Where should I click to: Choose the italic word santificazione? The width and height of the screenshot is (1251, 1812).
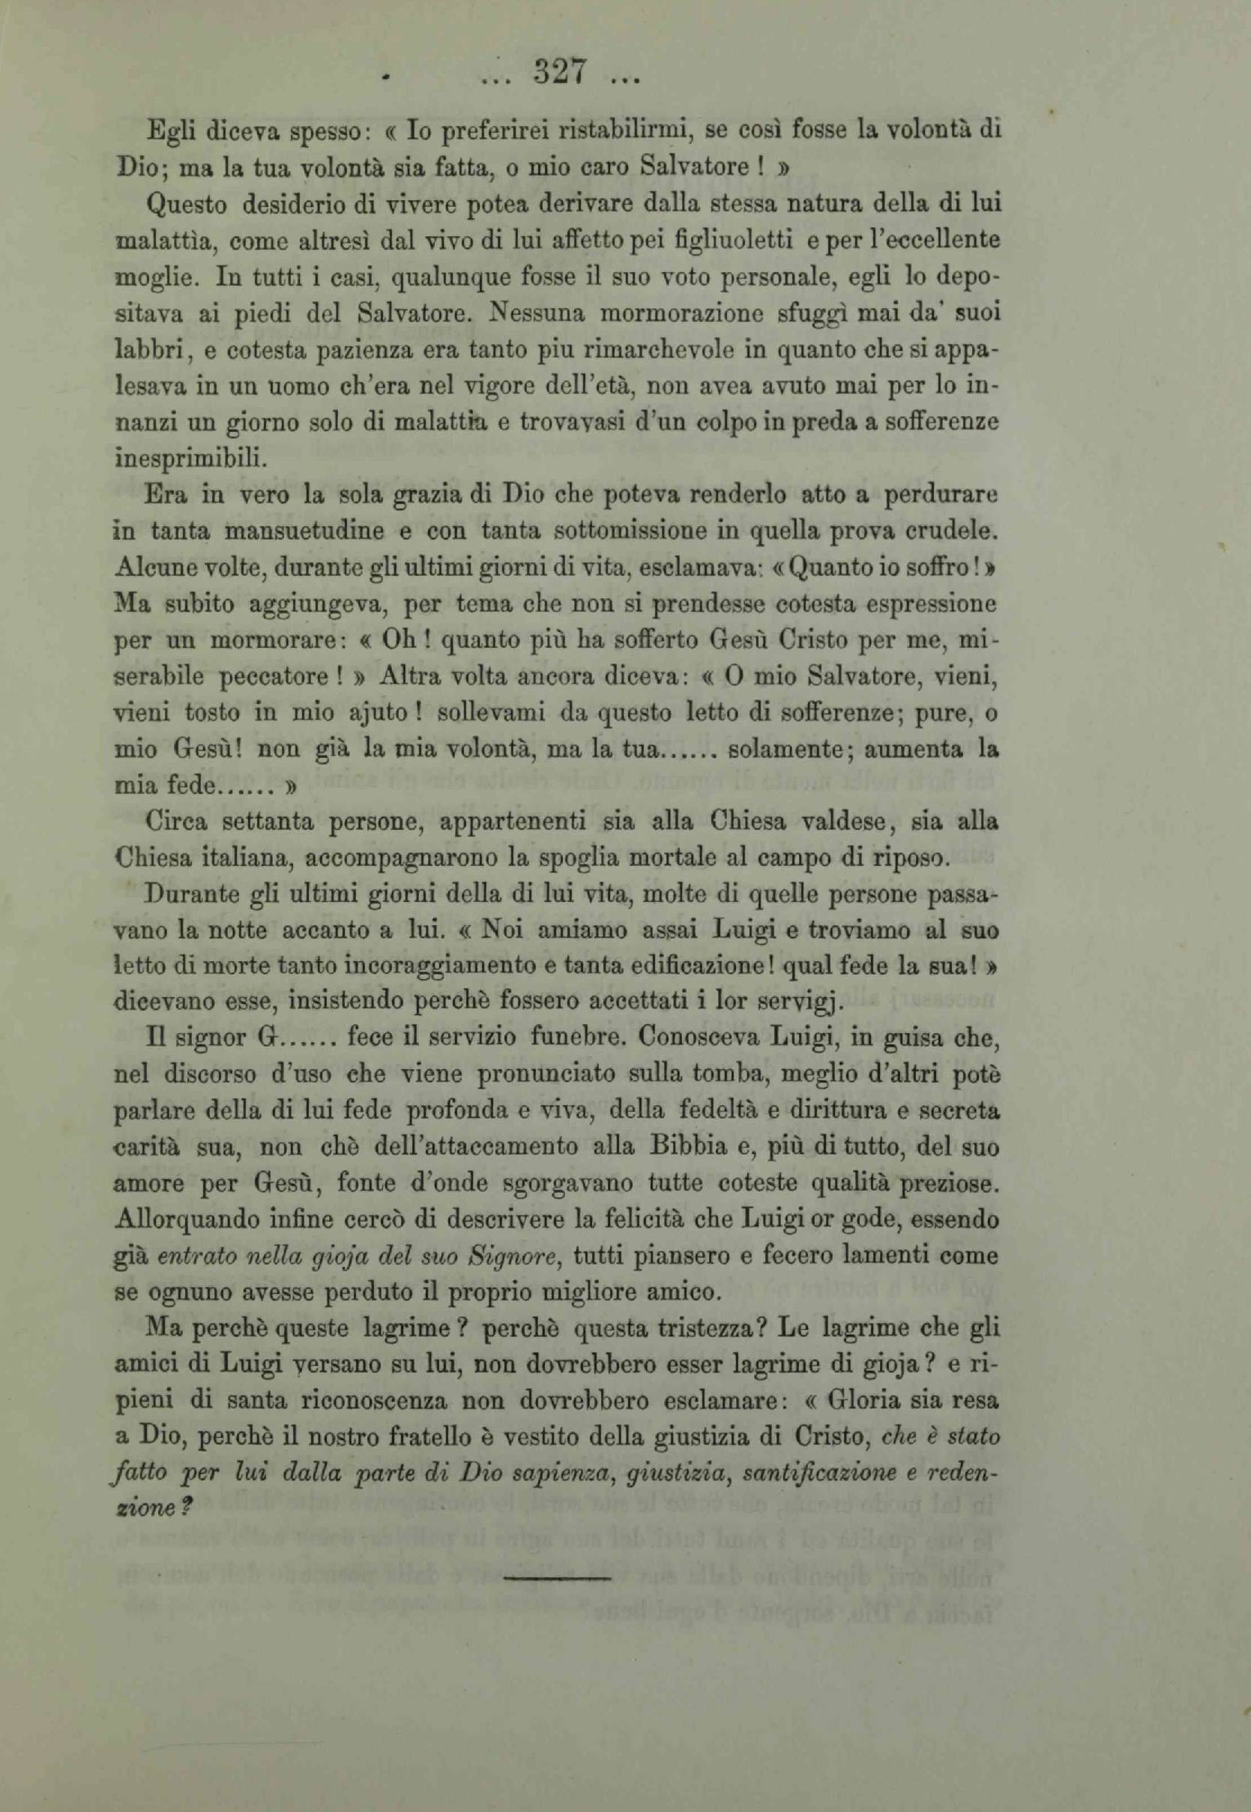click(824, 1475)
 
